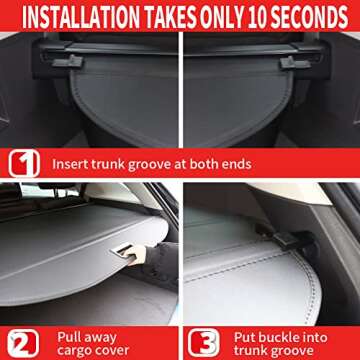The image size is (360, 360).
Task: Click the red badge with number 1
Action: pyautogui.click(x=22, y=163)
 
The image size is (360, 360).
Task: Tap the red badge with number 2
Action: pyautogui.click(x=22, y=340)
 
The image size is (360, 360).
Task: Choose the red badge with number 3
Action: pyautogui.click(x=202, y=340)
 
